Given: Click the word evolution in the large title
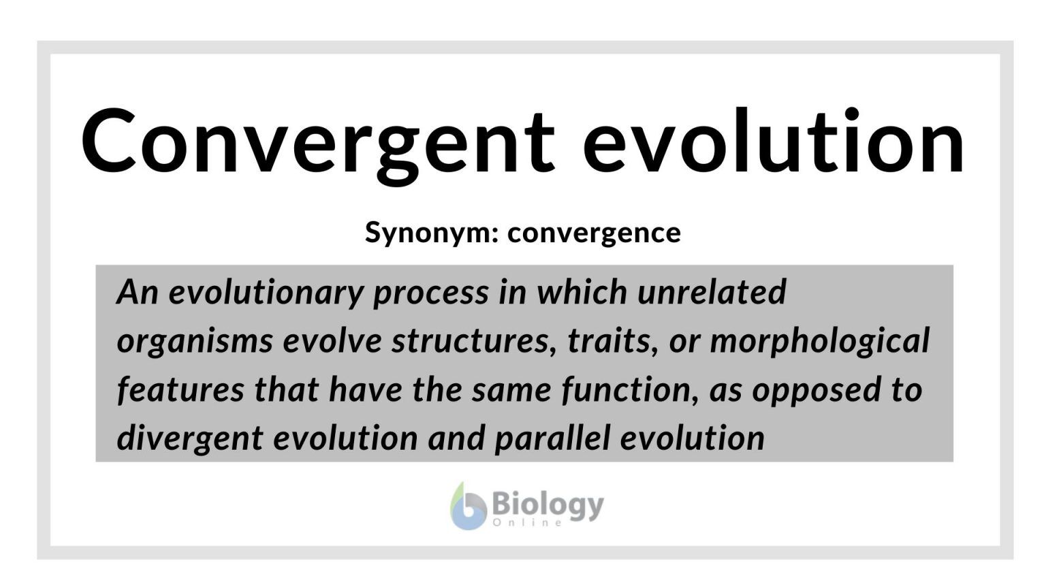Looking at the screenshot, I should pos(774,142).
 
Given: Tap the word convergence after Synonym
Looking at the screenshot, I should pos(594,232).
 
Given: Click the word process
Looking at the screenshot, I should pos(430,293).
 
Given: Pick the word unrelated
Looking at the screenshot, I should pos(712,293).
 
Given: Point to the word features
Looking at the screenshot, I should pos(180,390).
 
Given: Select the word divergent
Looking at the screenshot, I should pos(190,438).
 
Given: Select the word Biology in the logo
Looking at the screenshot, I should pos(547,504).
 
